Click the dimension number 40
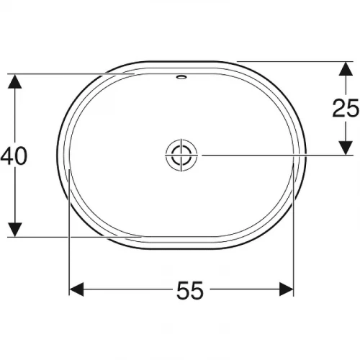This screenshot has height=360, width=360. point(14,156)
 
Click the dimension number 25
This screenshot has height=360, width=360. point(345,108)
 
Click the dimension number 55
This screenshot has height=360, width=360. point(189,290)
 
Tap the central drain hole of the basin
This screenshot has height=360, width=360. point(180,154)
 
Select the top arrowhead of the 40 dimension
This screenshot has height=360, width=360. point(13,80)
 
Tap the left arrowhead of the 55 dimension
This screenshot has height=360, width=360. point(76,289)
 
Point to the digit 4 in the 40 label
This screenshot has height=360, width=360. point(7,156)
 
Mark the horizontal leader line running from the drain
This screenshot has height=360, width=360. point(274,154)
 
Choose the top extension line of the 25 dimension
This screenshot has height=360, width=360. point(288,61)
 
